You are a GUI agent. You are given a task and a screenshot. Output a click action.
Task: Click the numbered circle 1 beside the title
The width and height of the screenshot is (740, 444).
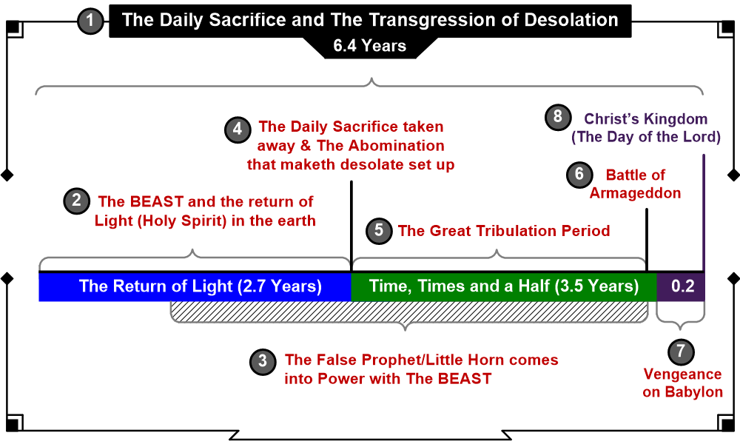90,21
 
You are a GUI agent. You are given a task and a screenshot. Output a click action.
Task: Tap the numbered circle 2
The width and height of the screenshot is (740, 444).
76,201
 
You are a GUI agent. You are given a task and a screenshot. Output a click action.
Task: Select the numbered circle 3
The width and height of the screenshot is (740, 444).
263,362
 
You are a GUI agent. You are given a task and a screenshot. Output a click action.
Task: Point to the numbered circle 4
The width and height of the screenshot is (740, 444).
238,129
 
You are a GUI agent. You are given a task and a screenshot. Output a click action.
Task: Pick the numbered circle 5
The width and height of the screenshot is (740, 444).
379,231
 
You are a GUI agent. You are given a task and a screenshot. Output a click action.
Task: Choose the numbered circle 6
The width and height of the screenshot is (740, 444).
579,175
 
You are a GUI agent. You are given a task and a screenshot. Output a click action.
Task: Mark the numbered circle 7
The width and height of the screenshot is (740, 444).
681,351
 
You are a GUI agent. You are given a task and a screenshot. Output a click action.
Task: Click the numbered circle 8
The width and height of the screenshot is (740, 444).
558,116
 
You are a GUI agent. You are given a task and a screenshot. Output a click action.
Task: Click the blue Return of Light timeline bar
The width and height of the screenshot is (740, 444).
195,286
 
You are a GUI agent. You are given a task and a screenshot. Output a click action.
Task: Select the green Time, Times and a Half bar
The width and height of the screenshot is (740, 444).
504,286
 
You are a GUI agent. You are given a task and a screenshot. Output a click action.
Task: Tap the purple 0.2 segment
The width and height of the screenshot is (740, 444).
681,286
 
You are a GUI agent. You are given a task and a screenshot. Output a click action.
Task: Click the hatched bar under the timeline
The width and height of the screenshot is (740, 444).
409,312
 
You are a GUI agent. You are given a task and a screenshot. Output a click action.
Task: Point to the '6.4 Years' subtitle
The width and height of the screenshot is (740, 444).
369,46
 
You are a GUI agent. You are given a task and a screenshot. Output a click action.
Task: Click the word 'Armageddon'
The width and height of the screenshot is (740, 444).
635,193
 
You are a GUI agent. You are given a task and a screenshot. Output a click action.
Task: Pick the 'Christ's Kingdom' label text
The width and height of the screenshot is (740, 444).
645,119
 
